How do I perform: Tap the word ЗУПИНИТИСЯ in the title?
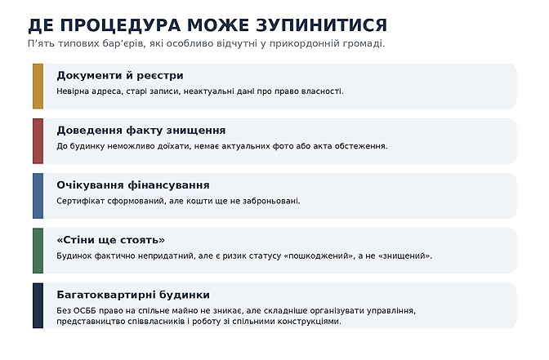click(x=322, y=25)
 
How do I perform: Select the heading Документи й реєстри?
click(x=120, y=76)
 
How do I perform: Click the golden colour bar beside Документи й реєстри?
click(x=38, y=86)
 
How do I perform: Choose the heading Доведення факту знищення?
click(x=141, y=131)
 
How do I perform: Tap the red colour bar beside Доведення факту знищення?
click(x=38, y=141)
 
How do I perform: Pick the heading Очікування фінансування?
click(x=133, y=185)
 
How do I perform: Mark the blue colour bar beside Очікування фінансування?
click(x=38, y=196)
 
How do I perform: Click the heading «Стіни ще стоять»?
click(x=110, y=240)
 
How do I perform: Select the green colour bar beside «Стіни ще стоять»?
click(x=38, y=251)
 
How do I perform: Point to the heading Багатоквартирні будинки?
click(x=133, y=296)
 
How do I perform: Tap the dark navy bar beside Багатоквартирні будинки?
click(x=38, y=305)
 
